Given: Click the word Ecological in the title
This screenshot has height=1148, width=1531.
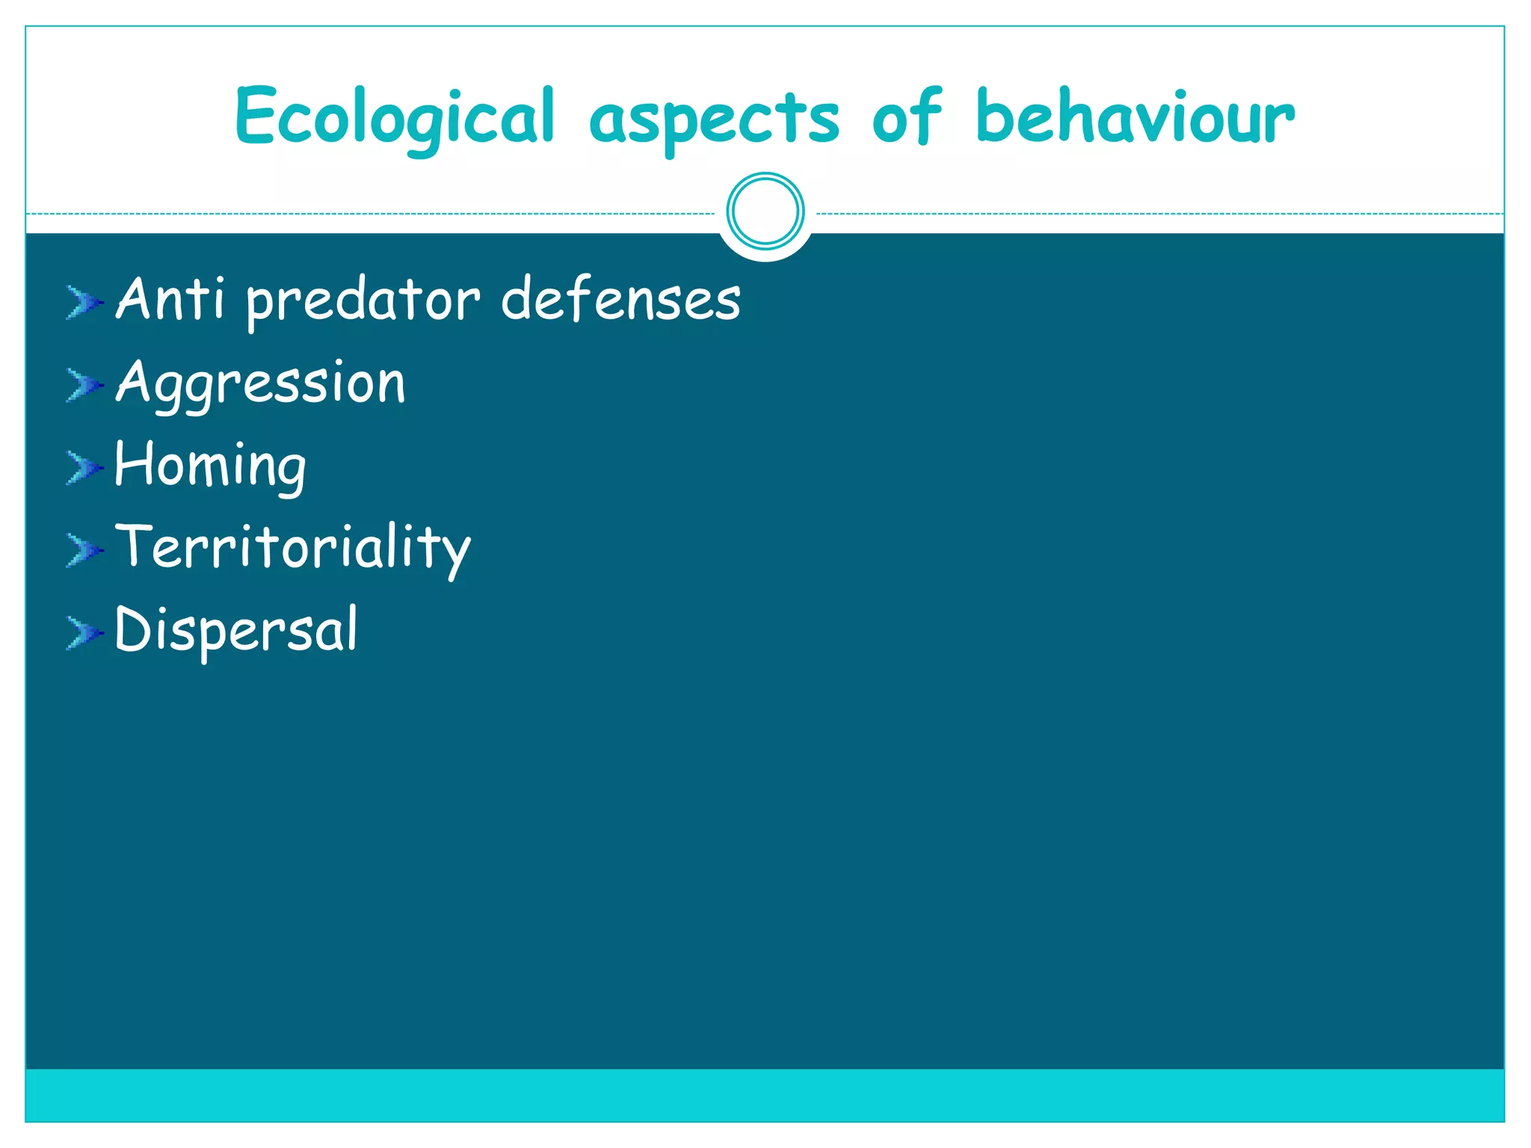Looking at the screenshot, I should (x=395, y=118).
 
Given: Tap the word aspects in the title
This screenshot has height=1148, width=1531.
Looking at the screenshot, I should (x=714, y=120).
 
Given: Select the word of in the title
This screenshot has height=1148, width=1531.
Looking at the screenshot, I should (x=906, y=118).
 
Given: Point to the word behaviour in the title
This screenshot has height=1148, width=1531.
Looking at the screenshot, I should (x=1135, y=117).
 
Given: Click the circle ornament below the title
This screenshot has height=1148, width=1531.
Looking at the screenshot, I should (x=765, y=212).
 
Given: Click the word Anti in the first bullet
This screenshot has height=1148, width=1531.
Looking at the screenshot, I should (x=170, y=299).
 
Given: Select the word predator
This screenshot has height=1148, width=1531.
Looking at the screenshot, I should (x=363, y=301).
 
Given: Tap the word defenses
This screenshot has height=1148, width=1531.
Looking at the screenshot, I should (x=620, y=299).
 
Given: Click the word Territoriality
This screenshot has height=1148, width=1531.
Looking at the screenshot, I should (x=292, y=549).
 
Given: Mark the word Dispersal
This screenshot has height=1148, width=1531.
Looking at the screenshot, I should (x=236, y=631).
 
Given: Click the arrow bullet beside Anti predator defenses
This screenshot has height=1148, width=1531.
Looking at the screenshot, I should (x=84, y=303).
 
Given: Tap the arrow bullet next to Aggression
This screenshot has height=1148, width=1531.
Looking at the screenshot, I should (x=84, y=385).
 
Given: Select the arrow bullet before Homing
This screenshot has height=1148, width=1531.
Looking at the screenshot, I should (x=84, y=468).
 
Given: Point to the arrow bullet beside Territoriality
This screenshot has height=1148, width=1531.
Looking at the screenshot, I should (x=84, y=550).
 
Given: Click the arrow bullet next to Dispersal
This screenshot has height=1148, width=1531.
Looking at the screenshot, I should (x=84, y=633).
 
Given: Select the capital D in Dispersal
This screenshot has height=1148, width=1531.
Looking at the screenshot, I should (x=134, y=629).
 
